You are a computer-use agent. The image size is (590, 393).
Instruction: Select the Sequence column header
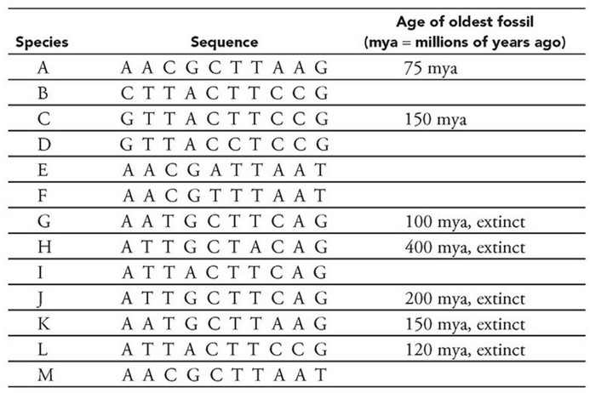point(224,42)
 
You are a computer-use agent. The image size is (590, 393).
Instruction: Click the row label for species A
point(42,68)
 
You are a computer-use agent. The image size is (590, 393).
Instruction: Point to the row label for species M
point(42,374)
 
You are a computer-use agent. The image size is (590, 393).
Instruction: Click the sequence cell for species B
point(224,94)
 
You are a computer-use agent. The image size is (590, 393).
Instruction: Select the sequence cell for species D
point(224,145)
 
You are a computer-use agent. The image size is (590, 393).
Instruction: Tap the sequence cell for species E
point(224,170)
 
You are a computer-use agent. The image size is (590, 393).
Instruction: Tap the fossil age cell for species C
point(434,120)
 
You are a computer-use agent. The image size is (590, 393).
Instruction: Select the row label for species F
point(42,196)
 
